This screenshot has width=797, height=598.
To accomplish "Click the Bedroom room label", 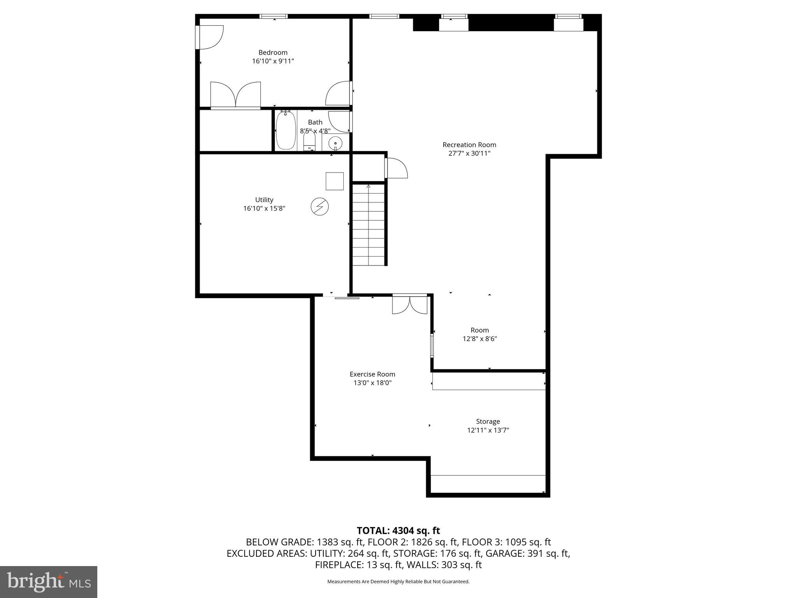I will (273, 53).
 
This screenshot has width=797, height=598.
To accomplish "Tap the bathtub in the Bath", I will (286, 130).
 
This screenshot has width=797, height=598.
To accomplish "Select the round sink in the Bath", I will (335, 144).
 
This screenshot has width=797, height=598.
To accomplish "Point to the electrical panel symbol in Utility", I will (320, 207).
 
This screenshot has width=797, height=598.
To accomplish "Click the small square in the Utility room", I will (334, 181).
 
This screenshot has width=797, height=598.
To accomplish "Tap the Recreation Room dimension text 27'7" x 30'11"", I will (469, 153).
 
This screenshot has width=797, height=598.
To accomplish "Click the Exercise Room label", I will (372, 374).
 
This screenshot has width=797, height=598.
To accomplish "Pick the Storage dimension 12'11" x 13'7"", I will (488, 430).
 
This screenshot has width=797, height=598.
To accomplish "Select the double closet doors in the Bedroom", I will (235, 95).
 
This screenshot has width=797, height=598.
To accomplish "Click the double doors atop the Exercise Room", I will (409, 305).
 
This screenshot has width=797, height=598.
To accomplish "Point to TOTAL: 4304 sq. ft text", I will (398, 531).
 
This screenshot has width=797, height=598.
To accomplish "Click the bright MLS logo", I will (49, 582).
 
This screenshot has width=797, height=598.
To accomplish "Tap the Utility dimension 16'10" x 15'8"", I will (264, 209).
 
